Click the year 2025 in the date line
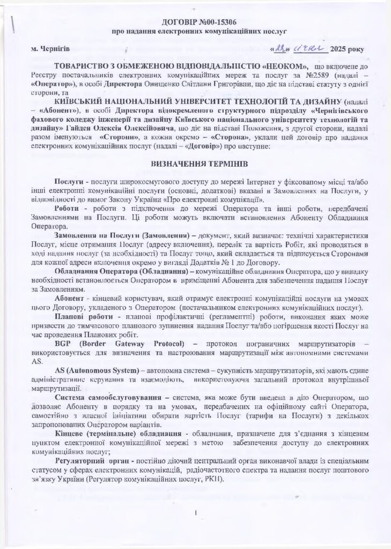[340, 49]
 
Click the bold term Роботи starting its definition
[66, 207]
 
